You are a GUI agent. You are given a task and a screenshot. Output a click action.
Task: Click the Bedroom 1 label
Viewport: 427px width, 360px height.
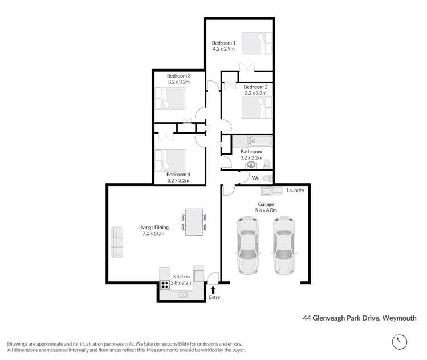(223, 43)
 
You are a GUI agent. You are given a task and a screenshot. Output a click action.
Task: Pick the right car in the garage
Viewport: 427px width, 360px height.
(284, 245)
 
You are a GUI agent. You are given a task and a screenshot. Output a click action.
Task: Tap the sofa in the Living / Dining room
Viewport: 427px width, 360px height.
(117, 242)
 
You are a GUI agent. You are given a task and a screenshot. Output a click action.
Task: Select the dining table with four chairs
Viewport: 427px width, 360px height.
(194, 221)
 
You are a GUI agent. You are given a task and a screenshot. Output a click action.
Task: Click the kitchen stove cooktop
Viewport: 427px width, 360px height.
(164, 285)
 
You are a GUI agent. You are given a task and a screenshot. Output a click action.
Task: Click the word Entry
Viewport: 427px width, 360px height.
(214, 297)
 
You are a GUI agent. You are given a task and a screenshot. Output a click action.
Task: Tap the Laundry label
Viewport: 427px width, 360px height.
(295, 191)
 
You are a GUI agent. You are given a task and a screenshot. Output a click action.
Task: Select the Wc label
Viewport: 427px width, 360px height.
(255, 178)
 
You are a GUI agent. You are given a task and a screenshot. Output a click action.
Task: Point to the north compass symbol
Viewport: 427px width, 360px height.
(399, 341)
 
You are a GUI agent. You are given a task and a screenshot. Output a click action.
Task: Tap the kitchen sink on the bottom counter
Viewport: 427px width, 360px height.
(183, 294)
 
